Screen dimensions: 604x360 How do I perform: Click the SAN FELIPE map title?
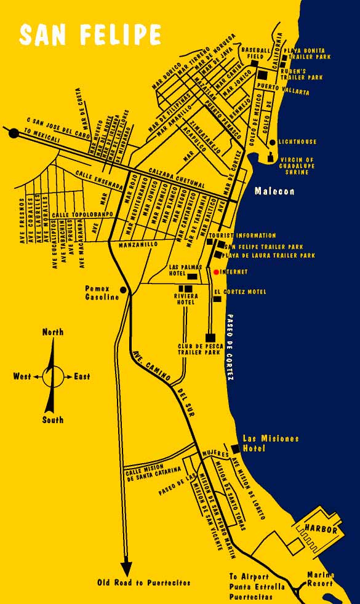(90, 35)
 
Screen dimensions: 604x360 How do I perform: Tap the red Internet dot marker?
(216, 271)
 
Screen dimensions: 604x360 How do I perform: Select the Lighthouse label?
(297, 142)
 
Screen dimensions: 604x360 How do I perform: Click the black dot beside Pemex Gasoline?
(124, 290)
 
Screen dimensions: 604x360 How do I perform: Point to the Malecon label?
(274, 191)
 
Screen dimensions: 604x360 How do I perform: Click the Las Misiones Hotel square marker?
(234, 448)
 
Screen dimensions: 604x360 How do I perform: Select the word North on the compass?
(52, 332)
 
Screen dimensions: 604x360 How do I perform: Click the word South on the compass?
(52, 420)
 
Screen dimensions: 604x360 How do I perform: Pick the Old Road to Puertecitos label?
(144, 582)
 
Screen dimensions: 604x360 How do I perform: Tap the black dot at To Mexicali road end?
(14, 132)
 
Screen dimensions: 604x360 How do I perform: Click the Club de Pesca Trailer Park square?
(210, 337)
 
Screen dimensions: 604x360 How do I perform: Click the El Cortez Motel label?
(240, 292)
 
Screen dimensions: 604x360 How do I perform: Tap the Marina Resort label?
(321, 579)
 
